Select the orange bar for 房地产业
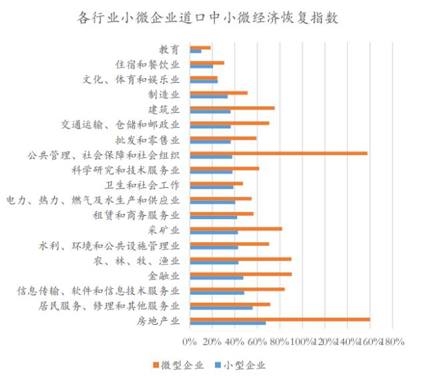point(280,319)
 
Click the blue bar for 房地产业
point(228,324)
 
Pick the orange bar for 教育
point(200,47)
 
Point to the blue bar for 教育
point(196,51)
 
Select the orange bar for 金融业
point(240,273)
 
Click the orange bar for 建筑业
point(232,108)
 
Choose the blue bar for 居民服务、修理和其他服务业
point(221,308)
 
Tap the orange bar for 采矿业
point(236,229)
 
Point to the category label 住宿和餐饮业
point(148,65)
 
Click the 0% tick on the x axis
point(190,342)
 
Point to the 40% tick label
point(234,342)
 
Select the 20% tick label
point(212,342)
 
